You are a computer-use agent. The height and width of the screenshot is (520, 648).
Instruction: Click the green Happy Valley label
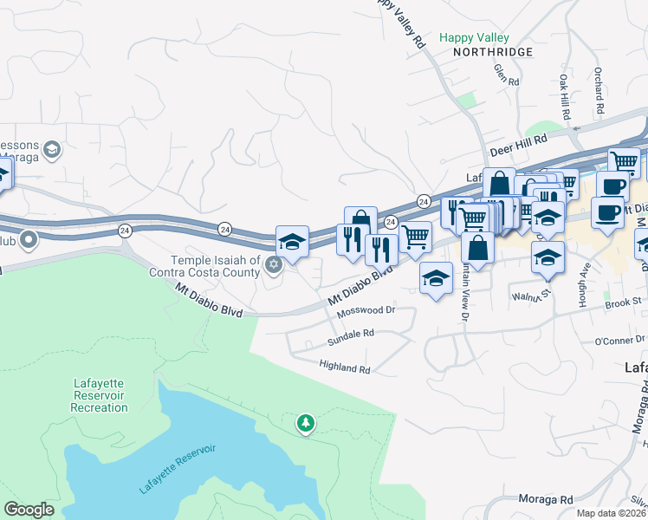[x=474, y=38]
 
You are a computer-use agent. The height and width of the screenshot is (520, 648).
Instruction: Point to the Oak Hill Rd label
[x=565, y=97]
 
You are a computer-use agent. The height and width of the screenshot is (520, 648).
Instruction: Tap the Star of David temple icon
[x=274, y=265]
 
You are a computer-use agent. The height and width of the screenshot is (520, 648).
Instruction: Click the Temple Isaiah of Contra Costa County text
[x=215, y=266]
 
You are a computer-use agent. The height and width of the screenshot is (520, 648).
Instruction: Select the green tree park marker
[x=305, y=423]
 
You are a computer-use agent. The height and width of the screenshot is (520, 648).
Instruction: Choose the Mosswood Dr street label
[x=366, y=309]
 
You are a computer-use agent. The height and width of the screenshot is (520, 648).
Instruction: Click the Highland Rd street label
[x=344, y=368]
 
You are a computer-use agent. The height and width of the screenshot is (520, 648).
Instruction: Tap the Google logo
[x=29, y=510]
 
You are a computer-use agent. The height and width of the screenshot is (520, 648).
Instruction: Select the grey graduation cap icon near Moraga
[x=51, y=151]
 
